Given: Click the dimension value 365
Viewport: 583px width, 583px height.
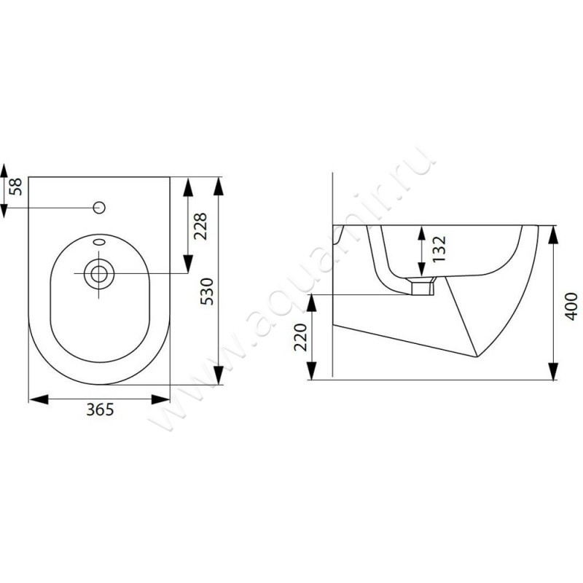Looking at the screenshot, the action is click(x=100, y=410).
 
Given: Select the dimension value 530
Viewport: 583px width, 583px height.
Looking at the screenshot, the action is click(x=207, y=291).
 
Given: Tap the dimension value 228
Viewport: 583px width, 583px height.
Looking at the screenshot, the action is click(x=200, y=226).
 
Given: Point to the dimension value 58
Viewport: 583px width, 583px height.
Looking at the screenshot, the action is click(x=16, y=187).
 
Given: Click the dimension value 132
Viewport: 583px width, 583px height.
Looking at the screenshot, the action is click(x=439, y=249).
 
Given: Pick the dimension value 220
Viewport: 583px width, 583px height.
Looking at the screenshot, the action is click(x=301, y=337).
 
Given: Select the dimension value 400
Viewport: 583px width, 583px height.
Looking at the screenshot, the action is click(x=571, y=306).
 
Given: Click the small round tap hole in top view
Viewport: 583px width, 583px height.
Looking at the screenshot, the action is click(x=99, y=208).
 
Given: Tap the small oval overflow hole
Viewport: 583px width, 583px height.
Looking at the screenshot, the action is click(x=99, y=242).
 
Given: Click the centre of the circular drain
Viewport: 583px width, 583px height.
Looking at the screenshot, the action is click(x=99, y=274).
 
